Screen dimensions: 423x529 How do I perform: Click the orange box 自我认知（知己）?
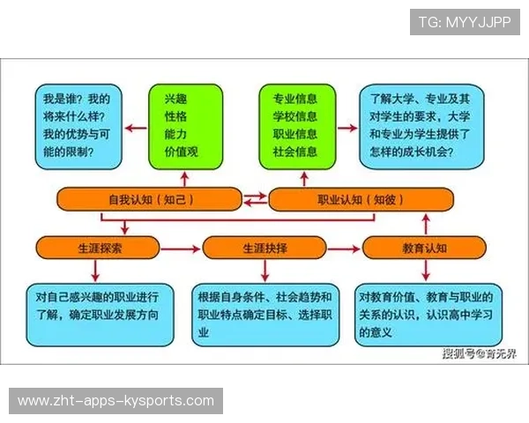[148, 199]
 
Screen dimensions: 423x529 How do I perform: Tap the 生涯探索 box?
[93, 248]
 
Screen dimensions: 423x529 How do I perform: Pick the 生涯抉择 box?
[259, 248]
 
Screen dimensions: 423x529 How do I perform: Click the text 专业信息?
[296, 99]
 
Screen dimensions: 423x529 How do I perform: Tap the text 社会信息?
[296, 152]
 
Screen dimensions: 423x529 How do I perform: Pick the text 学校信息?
[296, 116]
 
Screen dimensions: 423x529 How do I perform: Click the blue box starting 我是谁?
[74, 127]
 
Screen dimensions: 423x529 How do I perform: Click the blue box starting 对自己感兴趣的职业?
[100, 313]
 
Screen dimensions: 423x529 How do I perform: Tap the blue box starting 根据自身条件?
[265, 314]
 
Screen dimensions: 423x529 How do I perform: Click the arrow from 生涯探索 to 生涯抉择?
[175, 249]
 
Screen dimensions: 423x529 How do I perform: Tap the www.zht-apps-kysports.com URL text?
[116, 401]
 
